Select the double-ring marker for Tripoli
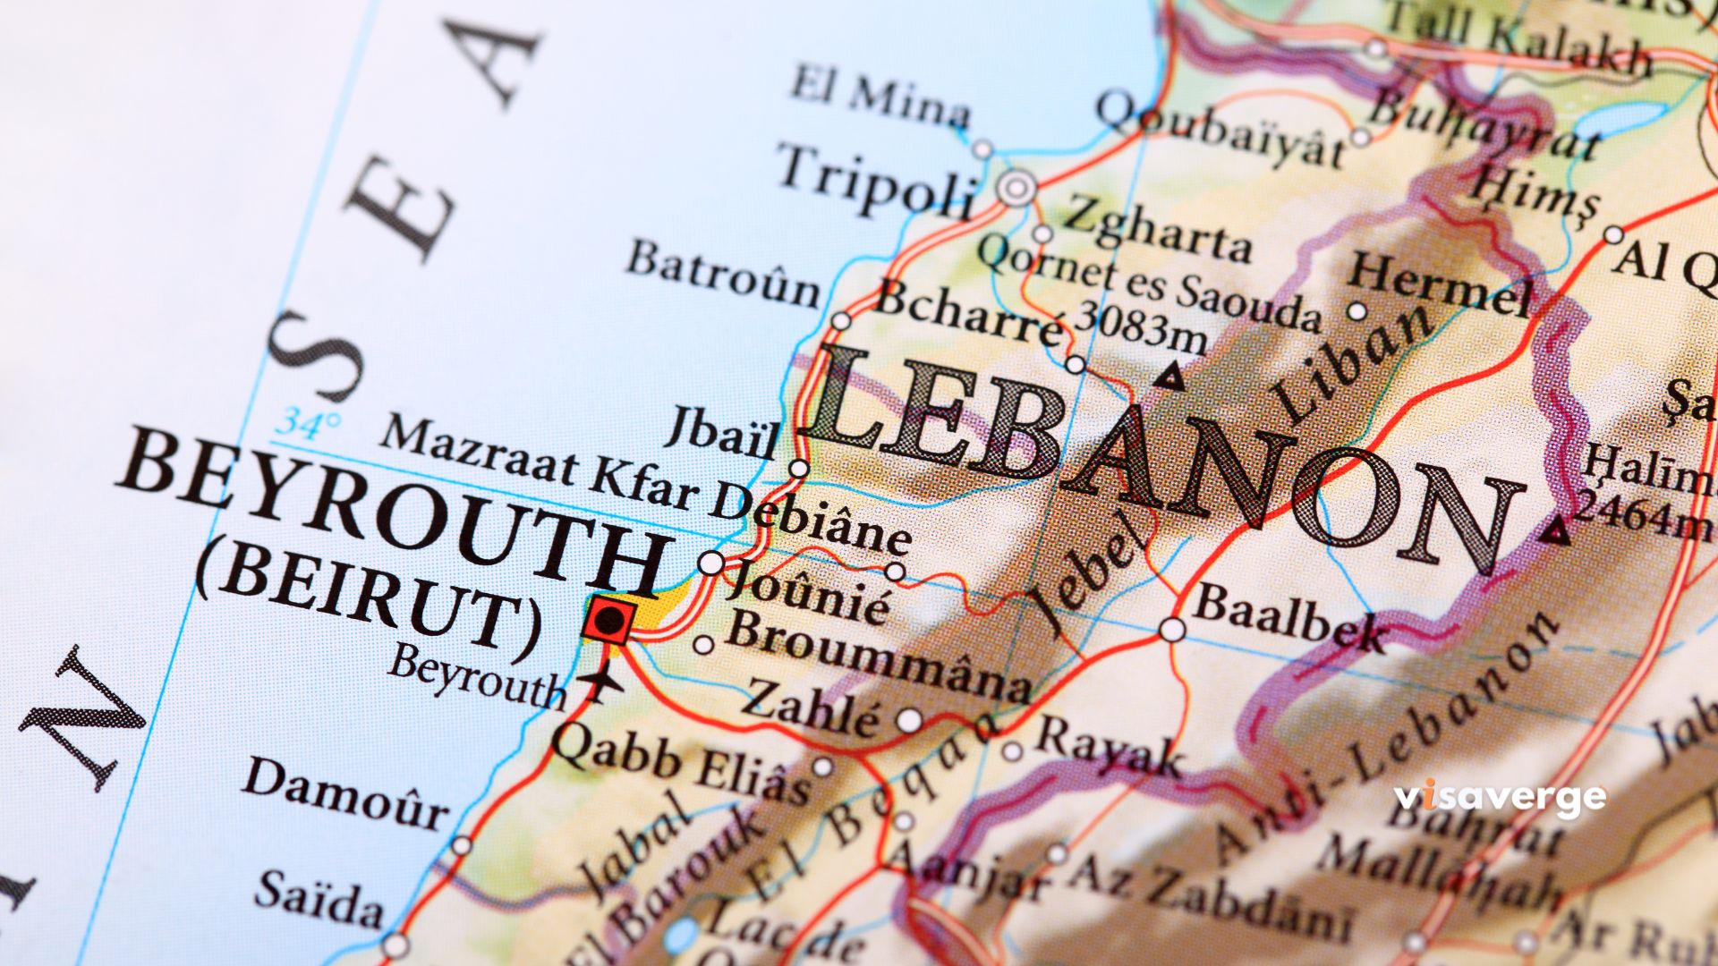click(1017, 189)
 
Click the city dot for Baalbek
click(1172, 630)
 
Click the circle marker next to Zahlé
click(909, 719)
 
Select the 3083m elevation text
click(1142, 326)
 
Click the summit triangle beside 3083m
click(1169, 377)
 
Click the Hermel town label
click(1441, 284)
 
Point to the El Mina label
click(880, 97)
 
